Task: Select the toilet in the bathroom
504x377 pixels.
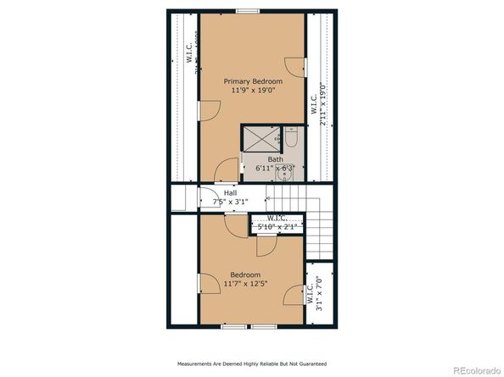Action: click(290, 136)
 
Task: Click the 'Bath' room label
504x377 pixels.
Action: click(276, 159)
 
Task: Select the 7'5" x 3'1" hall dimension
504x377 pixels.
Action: click(231, 202)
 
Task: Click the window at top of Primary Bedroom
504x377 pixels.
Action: click(247, 11)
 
